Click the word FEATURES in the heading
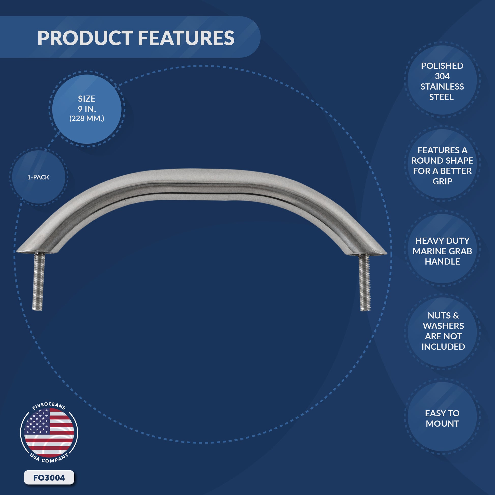[x=186, y=38]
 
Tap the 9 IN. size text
[x=86, y=109]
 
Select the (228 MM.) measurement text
[x=86, y=119]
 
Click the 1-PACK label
[x=38, y=177]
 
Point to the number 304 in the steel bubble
[x=442, y=76]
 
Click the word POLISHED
[x=442, y=66]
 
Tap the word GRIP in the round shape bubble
[x=442, y=181]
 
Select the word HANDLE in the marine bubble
[x=442, y=261]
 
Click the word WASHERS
[x=443, y=326]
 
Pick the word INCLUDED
[x=443, y=346]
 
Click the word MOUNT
[x=442, y=424]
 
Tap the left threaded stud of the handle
[x=38, y=281]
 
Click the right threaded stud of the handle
[x=364, y=282]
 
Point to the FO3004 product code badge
[x=49, y=478]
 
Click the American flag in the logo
[x=49, y=433]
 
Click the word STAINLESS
[x=442, y=86]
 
